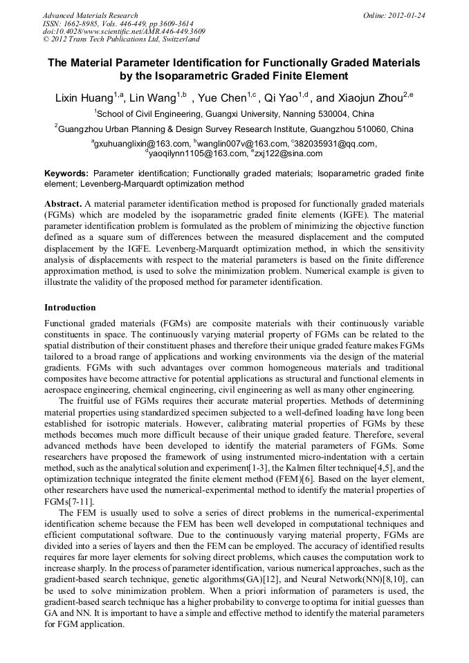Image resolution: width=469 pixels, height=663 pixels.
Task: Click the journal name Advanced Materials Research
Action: click(x=90, y=15)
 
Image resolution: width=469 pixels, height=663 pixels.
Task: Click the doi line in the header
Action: click(x=124, y=32)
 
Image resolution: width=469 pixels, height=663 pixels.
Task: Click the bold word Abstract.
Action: click(x=62, y=205)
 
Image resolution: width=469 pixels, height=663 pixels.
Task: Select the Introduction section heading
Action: click(x=70, y=308)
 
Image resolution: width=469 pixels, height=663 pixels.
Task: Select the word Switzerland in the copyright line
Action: click(x=172, y=40)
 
